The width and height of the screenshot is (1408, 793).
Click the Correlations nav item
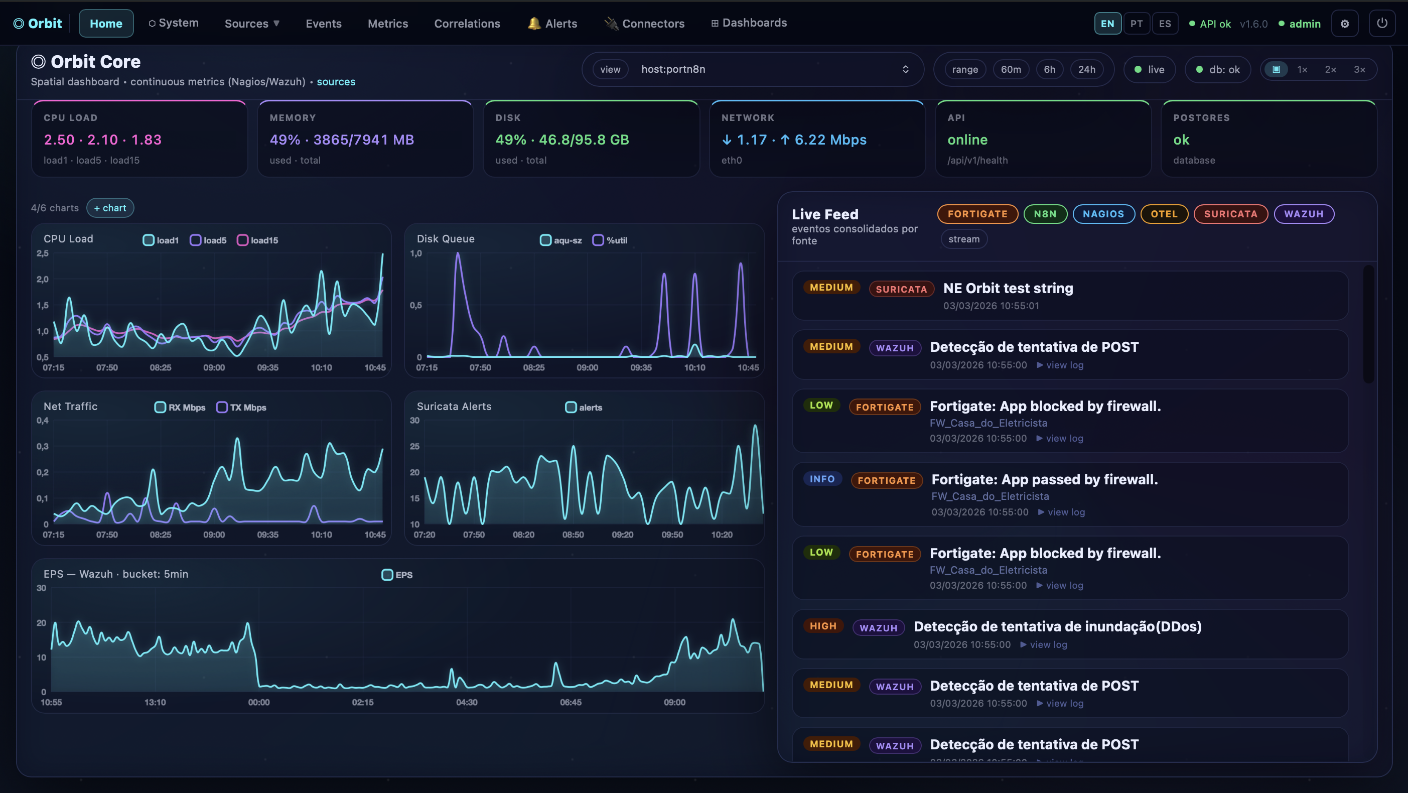pos(467,24)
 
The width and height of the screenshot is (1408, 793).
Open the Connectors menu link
pos(644,24)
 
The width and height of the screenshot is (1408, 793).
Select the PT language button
pos(1137,24)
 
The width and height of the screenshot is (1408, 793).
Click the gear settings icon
pos(1345,24)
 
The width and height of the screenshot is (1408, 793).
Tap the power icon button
pos(1382,24)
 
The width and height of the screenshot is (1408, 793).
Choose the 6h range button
pos(1049,69)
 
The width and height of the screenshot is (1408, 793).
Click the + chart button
pos(110,208)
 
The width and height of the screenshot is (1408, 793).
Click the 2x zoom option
pos(1330,69)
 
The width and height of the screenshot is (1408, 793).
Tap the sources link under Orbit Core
pos(336,81)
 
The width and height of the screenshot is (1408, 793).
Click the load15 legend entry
pos(257,240)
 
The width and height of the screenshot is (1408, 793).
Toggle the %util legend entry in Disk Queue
pos(610,240)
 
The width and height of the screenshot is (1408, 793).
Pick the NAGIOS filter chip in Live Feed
pos(1103,214)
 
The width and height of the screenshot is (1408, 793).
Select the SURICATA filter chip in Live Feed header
pos(1230,214)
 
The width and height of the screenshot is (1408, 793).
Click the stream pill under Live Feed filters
pos(963,239)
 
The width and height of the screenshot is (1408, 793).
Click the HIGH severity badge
pos(822,626)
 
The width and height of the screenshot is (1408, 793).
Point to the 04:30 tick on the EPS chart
pos(466,702)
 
